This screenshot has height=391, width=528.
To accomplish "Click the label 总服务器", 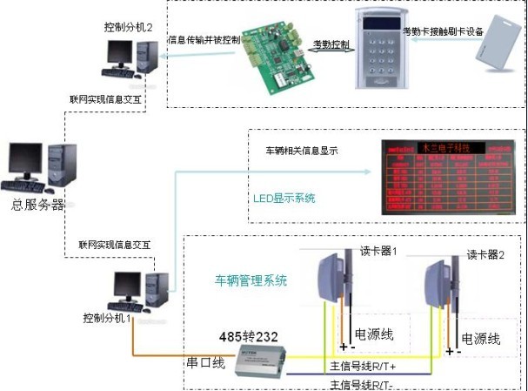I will pos(37,206).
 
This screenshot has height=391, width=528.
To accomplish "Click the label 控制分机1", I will pos(108,318).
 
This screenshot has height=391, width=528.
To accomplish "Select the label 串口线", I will pos(206,361).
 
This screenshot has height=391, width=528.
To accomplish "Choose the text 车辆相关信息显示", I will pos(301,151).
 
